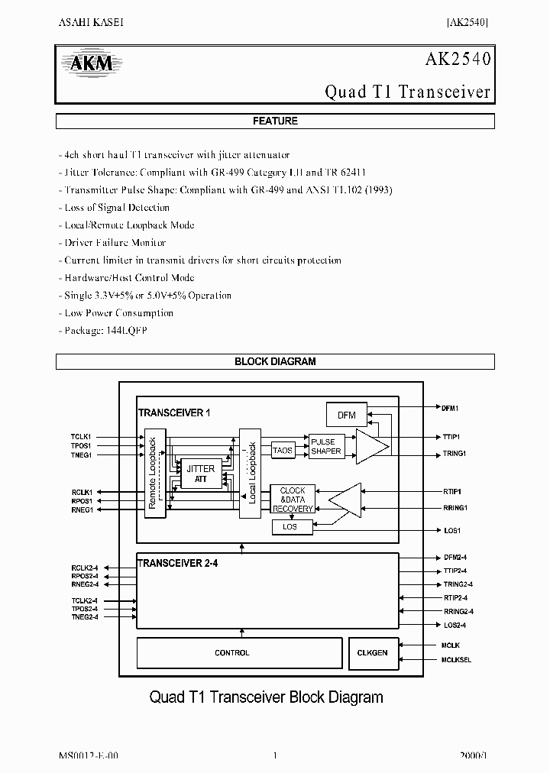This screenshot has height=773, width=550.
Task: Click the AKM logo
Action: click(92, 64)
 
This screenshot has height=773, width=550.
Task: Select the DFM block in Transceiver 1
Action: click(346, 415)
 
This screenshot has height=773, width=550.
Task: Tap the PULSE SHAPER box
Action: click(326, 446)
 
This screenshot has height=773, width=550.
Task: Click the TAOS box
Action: click(282, 451)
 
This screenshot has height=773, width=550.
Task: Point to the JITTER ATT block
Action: click(200, 474)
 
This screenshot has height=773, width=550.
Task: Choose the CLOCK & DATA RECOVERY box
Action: click(292, 500)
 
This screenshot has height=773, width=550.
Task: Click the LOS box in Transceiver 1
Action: click(290, 526)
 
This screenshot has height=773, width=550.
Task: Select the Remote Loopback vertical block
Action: click(155, 474)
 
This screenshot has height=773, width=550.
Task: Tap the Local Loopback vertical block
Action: click(250, 474)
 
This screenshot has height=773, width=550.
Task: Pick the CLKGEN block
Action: click(373, 653)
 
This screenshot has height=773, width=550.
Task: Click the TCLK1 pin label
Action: click(81, 437)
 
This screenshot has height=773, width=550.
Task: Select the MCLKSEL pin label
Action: click(456, 660)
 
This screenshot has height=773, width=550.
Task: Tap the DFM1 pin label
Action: click(450, 409)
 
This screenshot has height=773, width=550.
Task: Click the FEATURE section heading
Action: click(275, 121)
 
